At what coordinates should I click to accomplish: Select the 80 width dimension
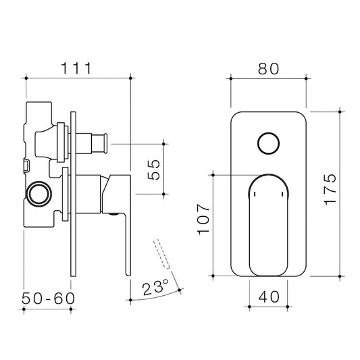tap(268, 68)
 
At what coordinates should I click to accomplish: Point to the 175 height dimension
tap(329, 190)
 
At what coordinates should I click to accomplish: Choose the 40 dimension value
tap(268, 297)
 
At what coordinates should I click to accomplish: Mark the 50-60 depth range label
tap(47, 298)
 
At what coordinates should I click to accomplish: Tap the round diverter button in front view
tap(268, 144)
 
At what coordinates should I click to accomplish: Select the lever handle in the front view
tap(268, 223)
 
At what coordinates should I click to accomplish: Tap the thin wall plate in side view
tap(72, 196)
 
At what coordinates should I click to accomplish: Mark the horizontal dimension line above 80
tap(268, 78)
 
